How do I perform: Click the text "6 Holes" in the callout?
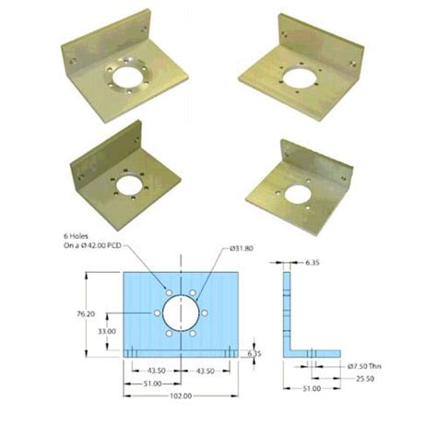point(76,237)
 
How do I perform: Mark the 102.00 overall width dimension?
point(182,396)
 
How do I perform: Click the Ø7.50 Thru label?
point(363,367)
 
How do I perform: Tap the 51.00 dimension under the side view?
point(313,390)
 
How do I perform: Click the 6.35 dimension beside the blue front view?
point(255,353)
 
